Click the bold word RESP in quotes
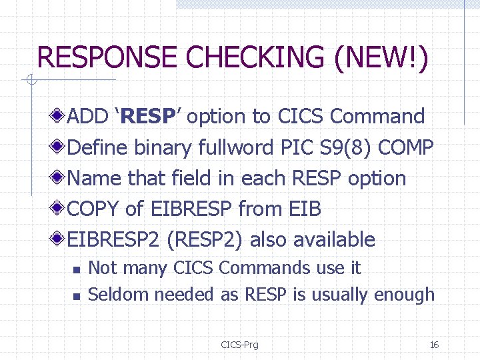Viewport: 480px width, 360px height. (x=148, y=117)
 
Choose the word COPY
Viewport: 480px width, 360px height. (x=94, y=209)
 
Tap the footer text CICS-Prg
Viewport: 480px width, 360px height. (x=239, y=345)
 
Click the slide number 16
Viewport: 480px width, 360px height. (x=434, y=345)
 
